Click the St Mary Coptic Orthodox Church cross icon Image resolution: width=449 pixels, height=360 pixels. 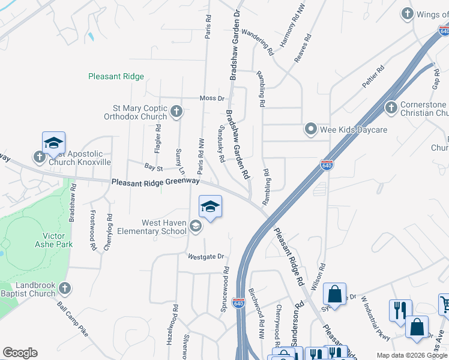click(176, 110)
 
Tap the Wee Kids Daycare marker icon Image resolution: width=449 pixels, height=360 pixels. click(311, 128)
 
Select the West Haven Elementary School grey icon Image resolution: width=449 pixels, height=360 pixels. click(195, 226)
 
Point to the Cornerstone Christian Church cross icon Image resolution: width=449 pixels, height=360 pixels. click(391, 107)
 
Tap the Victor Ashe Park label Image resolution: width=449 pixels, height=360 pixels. click(53, 240)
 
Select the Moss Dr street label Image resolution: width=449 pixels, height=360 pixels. click(212, 98)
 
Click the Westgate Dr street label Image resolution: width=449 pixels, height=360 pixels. click(206, 256)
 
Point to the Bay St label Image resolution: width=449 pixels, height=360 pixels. click(154, 167)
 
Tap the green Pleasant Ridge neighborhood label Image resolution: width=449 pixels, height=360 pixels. click(116, 76)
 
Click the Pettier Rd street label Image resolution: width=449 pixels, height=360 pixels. click(373, 77)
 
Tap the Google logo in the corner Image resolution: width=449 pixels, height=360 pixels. click(20, 353)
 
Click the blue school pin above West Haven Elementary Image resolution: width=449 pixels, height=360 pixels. click(210, 207)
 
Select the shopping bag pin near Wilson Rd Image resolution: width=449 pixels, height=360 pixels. click(334, 295)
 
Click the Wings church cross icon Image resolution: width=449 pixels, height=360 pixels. click(408, 14)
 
